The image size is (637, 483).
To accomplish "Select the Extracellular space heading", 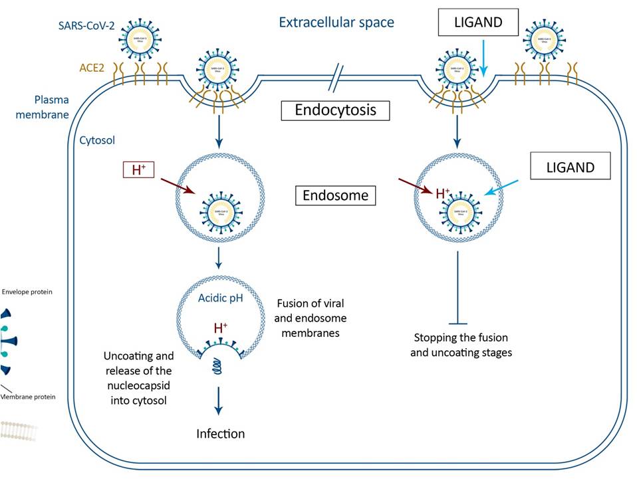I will point(336,23).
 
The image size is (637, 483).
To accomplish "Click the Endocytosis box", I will point(336,110).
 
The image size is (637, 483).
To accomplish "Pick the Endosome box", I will point(336,196).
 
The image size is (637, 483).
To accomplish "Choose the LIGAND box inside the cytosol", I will point(571,167).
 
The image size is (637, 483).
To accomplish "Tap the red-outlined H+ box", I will point(139,169).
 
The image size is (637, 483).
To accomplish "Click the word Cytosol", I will point(98,141).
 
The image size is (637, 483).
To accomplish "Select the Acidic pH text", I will point(219,297).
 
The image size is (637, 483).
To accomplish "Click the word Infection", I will point(221,434).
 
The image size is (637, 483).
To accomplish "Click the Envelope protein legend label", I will point(27,291).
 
